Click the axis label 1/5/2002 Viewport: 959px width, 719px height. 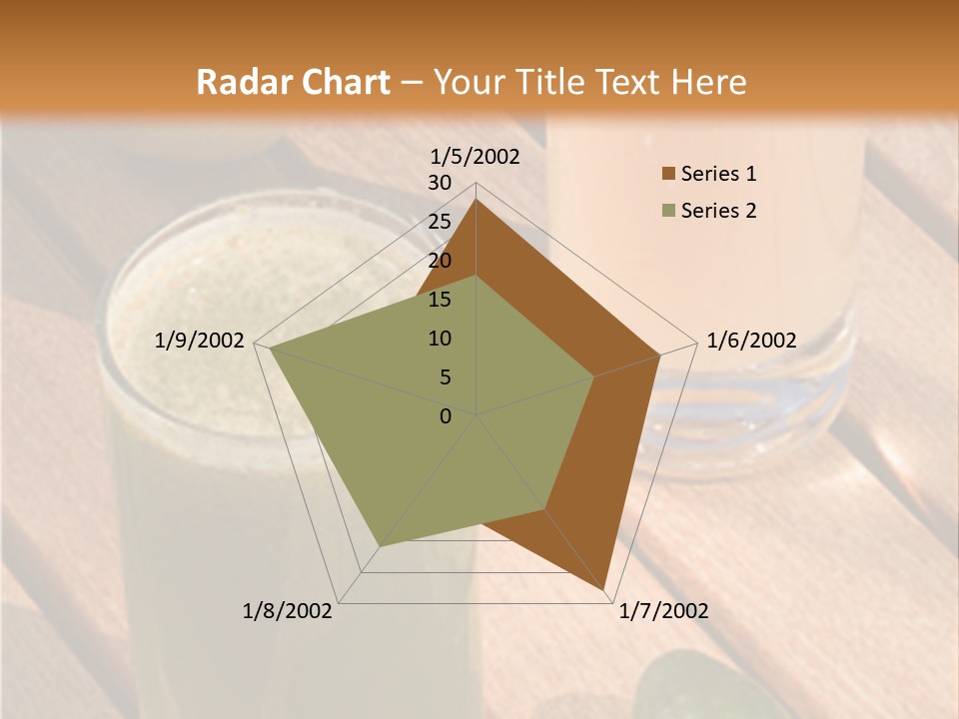coord(476,157)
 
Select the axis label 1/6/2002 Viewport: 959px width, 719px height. coord(751,341)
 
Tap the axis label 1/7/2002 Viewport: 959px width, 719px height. coord(663,611)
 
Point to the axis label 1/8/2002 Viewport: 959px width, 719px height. coord(288,611)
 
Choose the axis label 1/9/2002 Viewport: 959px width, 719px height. coord(200,341)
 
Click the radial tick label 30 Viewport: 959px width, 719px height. coord(440,183)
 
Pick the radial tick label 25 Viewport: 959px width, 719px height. coord(440,222)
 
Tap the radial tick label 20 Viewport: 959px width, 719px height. coord(440,261)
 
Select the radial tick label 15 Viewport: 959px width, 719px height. coord(440,300)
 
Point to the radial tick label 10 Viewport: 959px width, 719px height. coord(440,339)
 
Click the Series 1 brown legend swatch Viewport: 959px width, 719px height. coord(667,175)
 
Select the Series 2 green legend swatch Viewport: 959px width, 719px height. coord(667,211)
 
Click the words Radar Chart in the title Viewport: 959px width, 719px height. coord(293,82)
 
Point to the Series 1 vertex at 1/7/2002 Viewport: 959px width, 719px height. coord(605,591)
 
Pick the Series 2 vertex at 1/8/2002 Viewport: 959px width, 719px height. coord(380,546)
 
